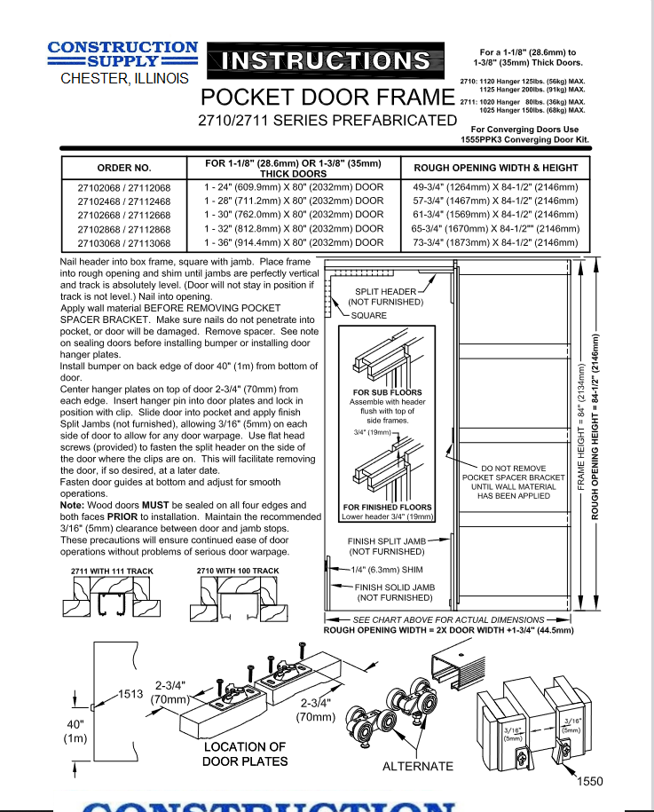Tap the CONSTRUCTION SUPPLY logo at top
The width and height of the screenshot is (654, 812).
tap(122, 54)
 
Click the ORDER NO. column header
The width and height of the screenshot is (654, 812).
tap(124, 168)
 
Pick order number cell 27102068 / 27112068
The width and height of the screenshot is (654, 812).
tap(124, 187)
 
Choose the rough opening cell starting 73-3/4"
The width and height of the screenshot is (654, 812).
tap(495, 242)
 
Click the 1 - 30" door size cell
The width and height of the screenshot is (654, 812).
tap(294, 215)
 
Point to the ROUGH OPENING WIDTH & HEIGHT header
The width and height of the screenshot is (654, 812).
tap(495, 168)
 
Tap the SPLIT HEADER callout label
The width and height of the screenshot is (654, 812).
tap(386, 291)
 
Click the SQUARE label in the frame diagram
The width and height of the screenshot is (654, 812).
tap(369, 315)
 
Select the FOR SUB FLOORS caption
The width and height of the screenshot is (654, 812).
tap(387, 392)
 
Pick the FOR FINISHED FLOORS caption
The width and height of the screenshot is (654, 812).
tap(388, 508)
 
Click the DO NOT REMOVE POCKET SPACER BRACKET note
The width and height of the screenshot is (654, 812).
tap(512, 482)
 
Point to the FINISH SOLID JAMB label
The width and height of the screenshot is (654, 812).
tap(394, 587)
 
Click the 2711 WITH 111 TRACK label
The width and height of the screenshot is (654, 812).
tap(107, 571)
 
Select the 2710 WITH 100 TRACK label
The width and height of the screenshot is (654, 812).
tap(238, 571)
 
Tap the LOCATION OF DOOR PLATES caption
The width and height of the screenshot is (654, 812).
tap(245, 753)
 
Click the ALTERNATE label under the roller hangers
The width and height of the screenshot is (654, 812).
tap(417, 766)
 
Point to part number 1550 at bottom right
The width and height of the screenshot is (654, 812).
tap(590, 781)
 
